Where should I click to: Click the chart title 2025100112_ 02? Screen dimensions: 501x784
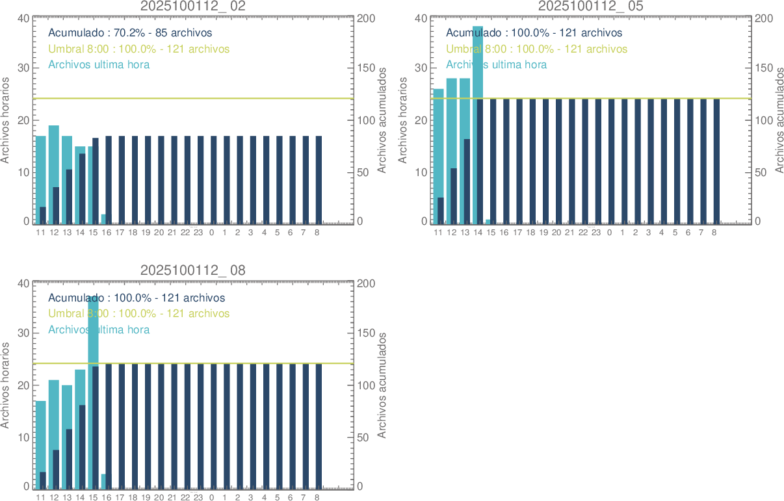(193, 6)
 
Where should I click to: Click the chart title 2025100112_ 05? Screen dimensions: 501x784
(591, 6)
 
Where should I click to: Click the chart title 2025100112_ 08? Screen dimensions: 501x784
(193, 270)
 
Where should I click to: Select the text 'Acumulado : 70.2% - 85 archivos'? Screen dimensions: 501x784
(130, 32)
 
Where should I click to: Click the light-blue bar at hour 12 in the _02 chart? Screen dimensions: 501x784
(53, 156)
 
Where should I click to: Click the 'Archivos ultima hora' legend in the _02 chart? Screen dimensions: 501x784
(99, 64)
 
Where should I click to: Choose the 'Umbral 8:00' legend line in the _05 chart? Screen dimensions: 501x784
(536, 49)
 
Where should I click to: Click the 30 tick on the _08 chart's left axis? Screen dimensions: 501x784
(23, 333)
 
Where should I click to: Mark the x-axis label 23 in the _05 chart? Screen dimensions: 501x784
(596, 233)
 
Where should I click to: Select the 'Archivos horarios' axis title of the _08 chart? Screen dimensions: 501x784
(6, 385)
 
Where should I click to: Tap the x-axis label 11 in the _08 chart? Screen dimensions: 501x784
(41, 498)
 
